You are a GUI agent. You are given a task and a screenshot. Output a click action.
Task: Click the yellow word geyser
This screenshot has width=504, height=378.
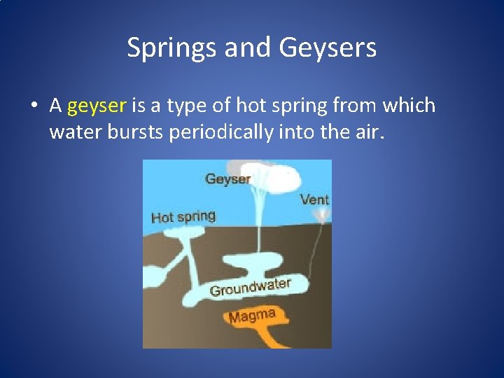97,106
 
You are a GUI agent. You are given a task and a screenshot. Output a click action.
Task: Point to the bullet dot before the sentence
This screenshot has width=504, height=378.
33,106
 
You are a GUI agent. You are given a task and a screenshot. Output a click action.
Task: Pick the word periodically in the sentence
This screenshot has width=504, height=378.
220,132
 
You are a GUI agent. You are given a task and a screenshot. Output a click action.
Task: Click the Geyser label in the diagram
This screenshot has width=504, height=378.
227,179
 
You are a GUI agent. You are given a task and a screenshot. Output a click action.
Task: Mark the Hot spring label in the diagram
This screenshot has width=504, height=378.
183,217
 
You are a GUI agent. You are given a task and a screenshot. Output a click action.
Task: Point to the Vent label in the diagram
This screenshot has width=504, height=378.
314,199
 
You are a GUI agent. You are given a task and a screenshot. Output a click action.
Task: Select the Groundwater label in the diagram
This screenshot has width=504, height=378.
250,287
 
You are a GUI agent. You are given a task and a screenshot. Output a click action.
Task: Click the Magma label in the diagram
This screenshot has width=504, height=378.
252,316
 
